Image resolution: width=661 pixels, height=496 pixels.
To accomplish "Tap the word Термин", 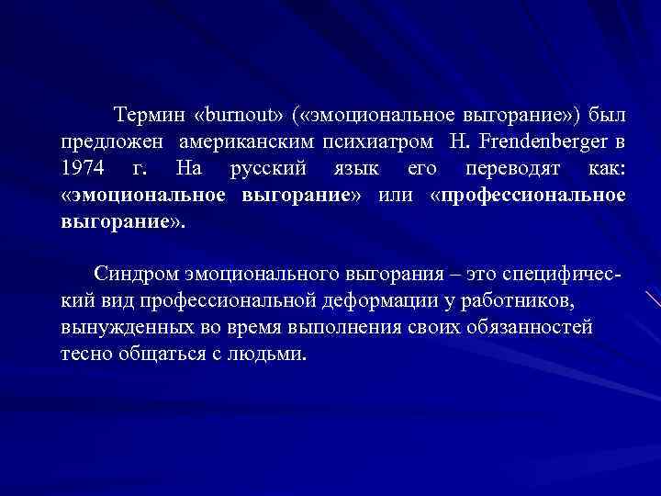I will pyautogui.click(x=149, y=117).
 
